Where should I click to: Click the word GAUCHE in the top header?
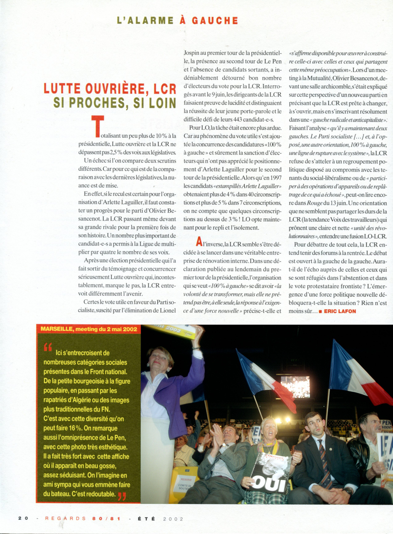pos(215,21)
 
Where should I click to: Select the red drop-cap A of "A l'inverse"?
pos(199,242)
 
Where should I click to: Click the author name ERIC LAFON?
pos(340,311)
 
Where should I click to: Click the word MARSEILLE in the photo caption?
pos(56,329)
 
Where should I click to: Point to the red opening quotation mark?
pos(48,347)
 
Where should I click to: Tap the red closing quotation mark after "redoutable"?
pos(122,496)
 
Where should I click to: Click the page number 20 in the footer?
pos(23,518)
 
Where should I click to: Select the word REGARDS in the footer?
pos(65,518)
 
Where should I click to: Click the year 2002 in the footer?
pos(173,519)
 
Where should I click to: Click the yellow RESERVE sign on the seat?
pos(186,479)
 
